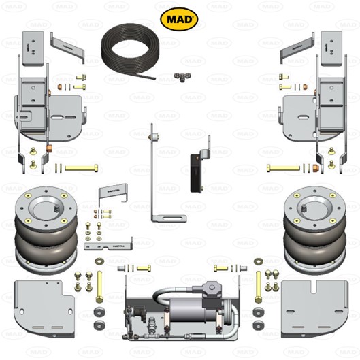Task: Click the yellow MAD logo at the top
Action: point(179,19)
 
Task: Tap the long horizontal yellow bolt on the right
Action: point(282,167)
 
